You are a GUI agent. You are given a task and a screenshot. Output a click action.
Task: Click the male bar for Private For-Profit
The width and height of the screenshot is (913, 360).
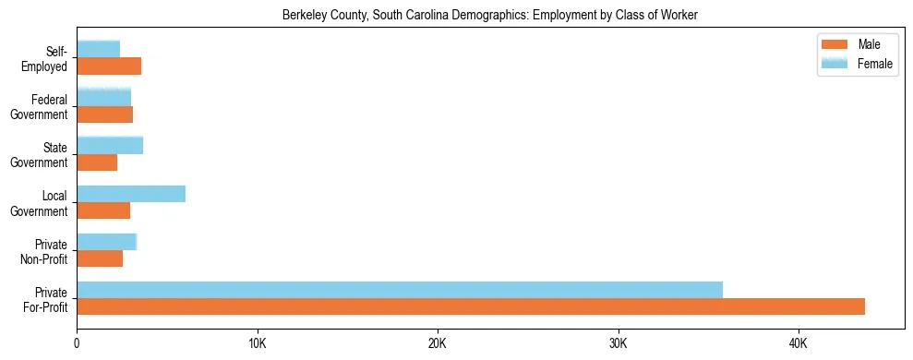(x=471, y=306)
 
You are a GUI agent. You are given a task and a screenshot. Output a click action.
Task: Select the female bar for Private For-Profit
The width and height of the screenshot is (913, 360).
(x=400, y=290)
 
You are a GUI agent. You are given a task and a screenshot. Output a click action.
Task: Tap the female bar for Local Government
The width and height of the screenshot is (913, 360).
(x=131, y=194)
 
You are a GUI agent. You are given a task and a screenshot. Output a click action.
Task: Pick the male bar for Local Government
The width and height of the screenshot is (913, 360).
(x=103, y=210)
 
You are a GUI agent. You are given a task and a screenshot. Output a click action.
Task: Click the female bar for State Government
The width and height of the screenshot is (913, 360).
(x=110, y=145)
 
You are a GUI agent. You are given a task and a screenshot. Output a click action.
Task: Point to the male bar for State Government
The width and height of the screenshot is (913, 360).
(x=97, y=162)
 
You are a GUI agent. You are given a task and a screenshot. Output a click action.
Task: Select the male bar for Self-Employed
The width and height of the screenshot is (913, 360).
(x=109, y=66)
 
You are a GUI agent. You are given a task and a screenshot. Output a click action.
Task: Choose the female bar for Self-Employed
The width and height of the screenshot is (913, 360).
(x=99, y=49)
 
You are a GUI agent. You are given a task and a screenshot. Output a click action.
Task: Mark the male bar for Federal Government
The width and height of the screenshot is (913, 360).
(x=105, y=114)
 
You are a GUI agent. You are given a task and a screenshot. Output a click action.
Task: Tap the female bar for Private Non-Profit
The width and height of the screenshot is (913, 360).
(x=107, y=242)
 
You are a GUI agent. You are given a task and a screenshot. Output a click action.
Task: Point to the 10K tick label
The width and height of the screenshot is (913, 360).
(x=258, y=344)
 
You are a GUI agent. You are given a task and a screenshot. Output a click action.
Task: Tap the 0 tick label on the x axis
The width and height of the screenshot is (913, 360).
(x=77, y=344)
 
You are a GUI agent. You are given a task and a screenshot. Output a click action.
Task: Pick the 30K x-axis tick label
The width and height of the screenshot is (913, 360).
(x=619, y=344)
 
